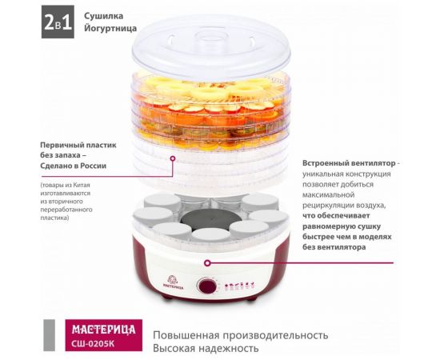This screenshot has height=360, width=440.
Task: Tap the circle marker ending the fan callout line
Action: pos(207,262)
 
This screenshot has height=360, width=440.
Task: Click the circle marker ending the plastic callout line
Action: pos(172,158)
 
